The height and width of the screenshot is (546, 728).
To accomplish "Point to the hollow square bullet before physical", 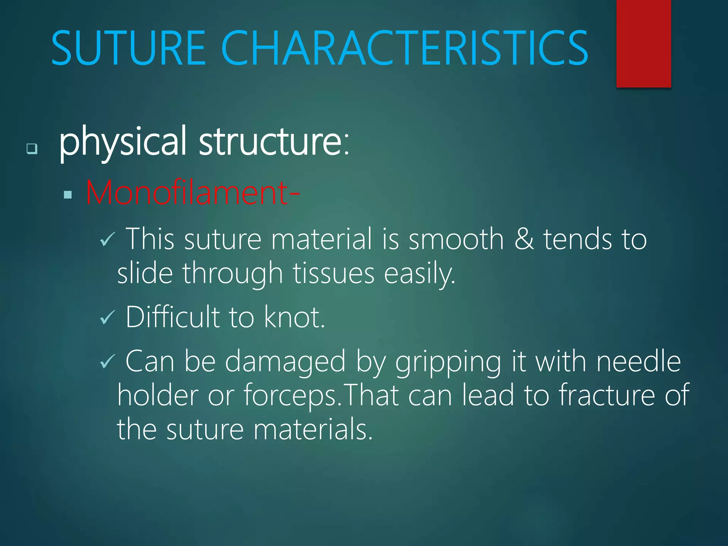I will pos(32,148).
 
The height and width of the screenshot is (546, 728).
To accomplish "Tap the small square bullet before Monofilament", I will pos(68,194).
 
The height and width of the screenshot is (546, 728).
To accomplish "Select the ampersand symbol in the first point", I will pos(524,239).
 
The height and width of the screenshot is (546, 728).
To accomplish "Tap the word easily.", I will pos(419,274).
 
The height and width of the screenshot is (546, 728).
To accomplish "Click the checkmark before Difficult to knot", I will pos(107,317).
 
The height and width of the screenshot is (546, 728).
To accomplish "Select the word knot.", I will pos(294,317).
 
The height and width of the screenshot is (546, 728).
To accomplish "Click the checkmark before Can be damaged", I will pos(107,362).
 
